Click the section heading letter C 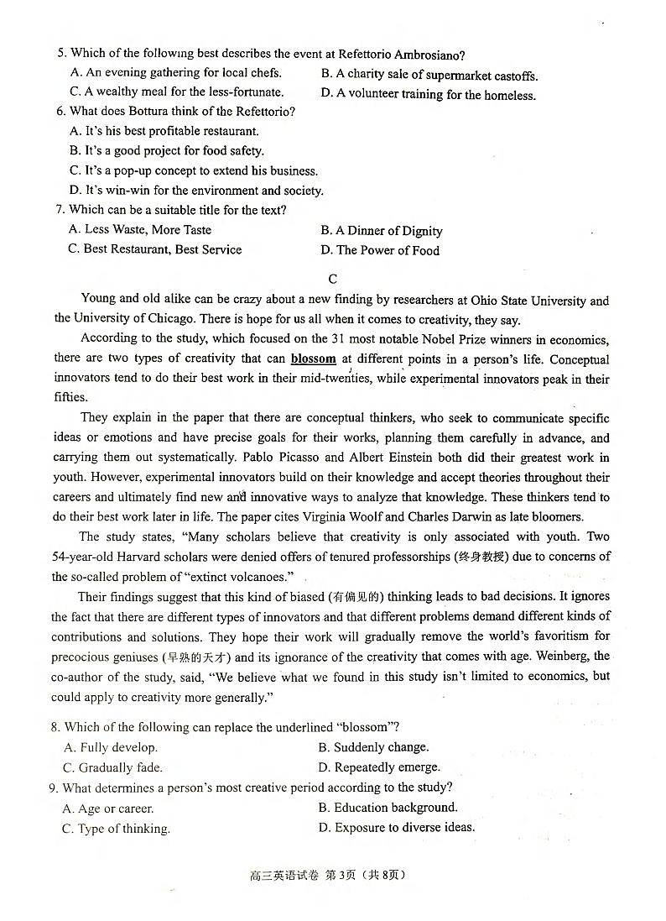[x=333, y=279]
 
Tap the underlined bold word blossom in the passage [x=314, y=358]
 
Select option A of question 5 [x=176, y=73]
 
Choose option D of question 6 [x=196, y=191]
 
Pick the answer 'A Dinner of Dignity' [x=382, y=231]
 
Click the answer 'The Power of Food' [x=380, y=250]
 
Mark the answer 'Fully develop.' [x=112, y=747]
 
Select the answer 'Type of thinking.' [x=117, y=829]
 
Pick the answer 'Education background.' [x=388, y=808]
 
